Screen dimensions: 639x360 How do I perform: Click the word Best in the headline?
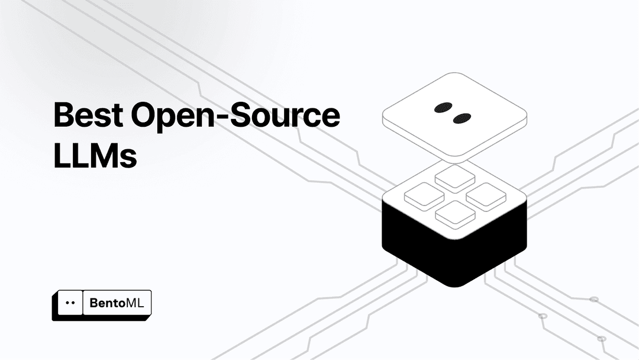[88, 114]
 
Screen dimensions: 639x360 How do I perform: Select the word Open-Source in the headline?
[235, 116]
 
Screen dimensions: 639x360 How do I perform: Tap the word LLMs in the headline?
[95, 155]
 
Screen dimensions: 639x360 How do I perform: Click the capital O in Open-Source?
[145, 114]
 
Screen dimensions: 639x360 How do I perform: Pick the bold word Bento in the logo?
[107, 303]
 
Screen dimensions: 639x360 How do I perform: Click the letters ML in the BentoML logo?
[135, 303]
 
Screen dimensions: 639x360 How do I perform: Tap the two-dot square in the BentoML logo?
[70, 303]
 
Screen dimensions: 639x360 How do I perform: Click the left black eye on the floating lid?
[443, 108]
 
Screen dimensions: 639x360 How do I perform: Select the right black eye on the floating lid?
[461, 118]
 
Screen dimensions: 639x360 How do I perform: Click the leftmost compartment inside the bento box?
[424, 196]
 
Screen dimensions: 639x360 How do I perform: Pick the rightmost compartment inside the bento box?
[486, 197]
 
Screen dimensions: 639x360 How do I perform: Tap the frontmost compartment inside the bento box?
[455, 214]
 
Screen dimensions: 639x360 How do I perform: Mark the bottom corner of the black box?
[454, 287]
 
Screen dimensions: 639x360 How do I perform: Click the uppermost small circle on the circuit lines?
[594, 300]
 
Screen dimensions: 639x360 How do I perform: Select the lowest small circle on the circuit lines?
[602, 339]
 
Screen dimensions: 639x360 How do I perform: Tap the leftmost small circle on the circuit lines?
[543, 316]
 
